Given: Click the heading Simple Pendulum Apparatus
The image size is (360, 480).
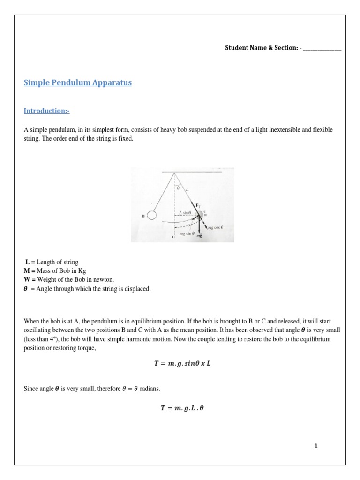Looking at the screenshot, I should point(77,83).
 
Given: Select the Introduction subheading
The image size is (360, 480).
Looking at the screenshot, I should point(46,111).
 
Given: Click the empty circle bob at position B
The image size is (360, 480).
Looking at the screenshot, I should point(151,215).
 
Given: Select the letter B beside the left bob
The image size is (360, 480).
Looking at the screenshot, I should point(142,216).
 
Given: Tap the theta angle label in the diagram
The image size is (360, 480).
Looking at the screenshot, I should point(177,188).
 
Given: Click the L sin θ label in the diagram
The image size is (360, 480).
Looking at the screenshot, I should point(186,212).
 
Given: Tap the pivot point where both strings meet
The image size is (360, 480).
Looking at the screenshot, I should point(174,173).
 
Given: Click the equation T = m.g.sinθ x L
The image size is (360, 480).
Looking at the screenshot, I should point(180,363).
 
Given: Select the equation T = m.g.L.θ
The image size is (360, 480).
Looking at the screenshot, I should point(180,408).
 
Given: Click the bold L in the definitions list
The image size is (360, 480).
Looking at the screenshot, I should point(27,262).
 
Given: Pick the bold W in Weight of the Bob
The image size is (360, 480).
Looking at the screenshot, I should point(27,280).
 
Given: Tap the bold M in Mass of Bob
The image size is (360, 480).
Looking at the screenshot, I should point(27,271).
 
